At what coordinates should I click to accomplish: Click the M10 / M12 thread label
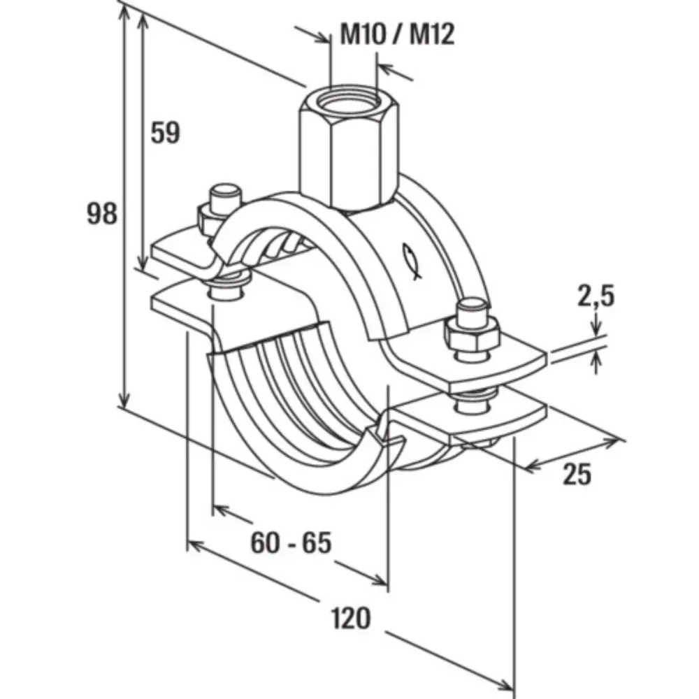397,34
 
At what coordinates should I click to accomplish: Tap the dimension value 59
166,133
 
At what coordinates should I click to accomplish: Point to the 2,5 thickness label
596,296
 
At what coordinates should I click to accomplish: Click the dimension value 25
577,475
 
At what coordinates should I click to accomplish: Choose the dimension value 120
349,618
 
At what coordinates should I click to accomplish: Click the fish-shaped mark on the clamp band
412,261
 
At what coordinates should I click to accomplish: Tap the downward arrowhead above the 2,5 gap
596,328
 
